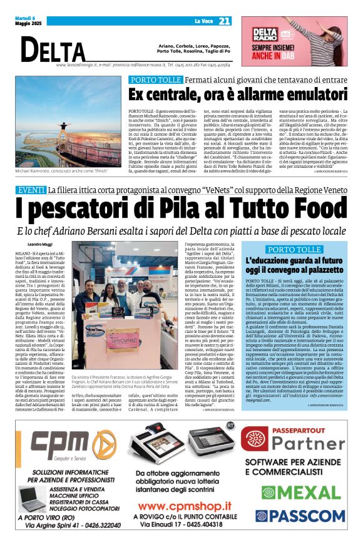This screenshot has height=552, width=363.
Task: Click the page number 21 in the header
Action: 225,22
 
